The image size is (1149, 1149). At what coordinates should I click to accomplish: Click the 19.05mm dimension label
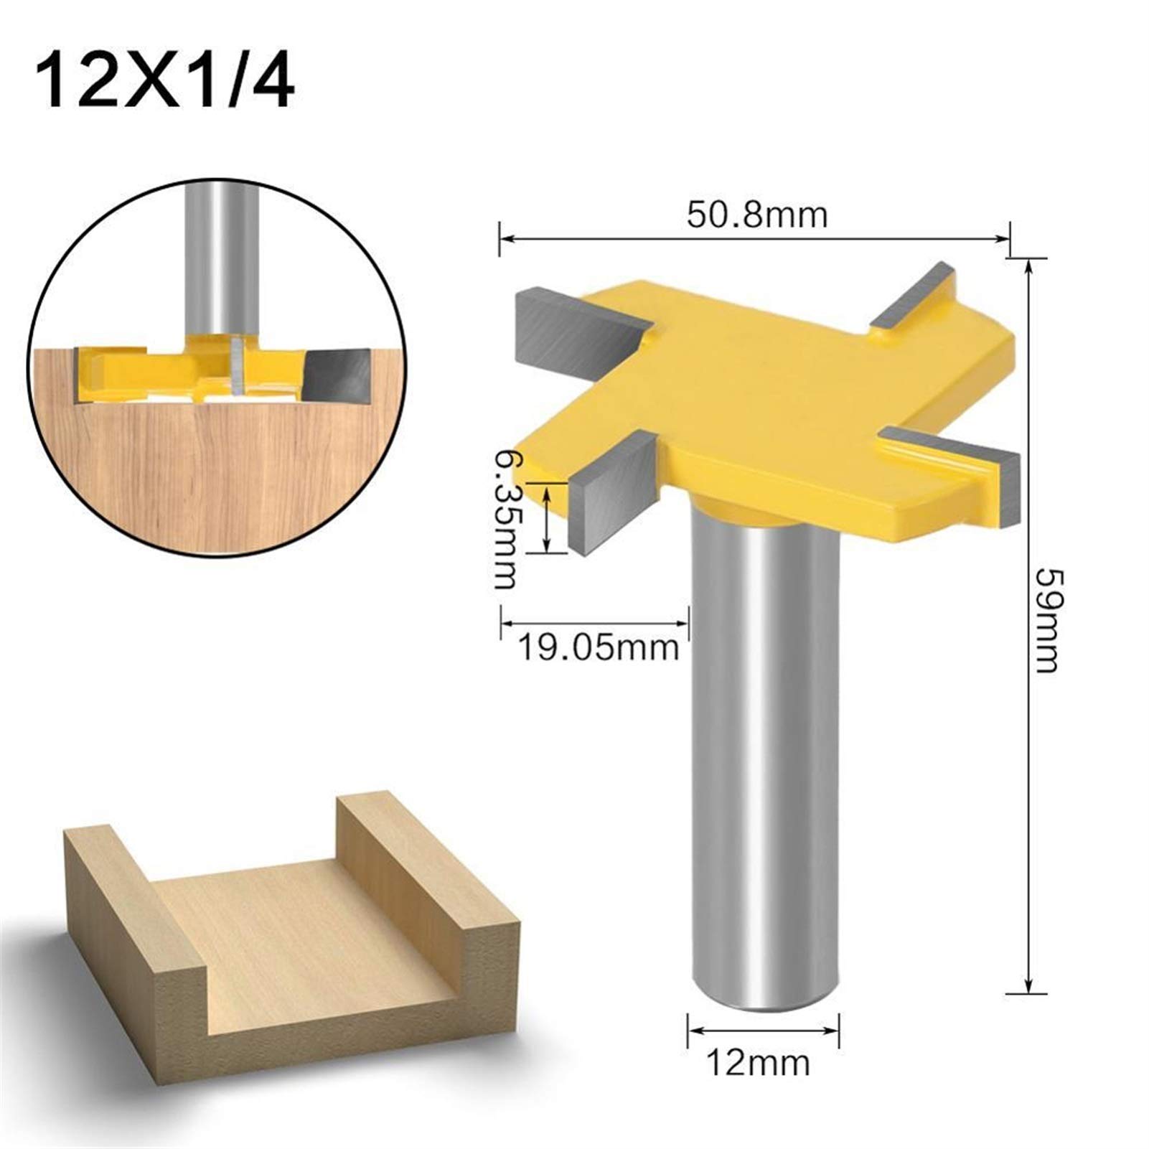click(597, 648)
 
